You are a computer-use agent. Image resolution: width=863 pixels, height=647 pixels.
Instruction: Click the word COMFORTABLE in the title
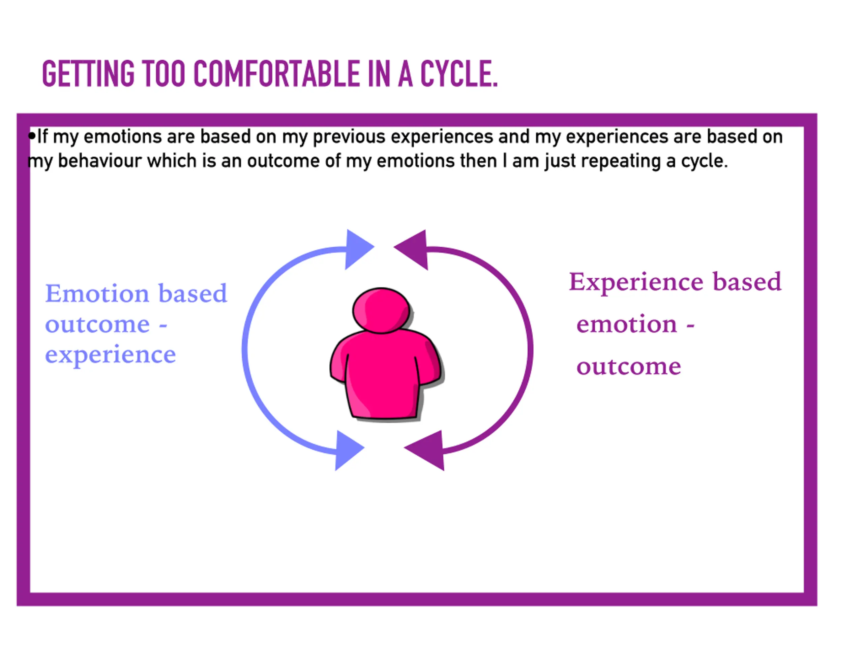(x=276, y=74)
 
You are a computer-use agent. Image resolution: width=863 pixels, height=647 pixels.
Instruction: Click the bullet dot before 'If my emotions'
(x=32, y=136)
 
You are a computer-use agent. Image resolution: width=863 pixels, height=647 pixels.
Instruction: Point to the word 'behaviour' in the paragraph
(x=99, y=161)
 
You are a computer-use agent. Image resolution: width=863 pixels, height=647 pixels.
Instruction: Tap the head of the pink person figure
(x=381, y=310)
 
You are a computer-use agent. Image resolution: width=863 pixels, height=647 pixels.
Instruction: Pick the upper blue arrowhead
(x=357, y=248)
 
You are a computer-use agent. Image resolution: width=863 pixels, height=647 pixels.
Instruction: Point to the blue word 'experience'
(x=111, y=355)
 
